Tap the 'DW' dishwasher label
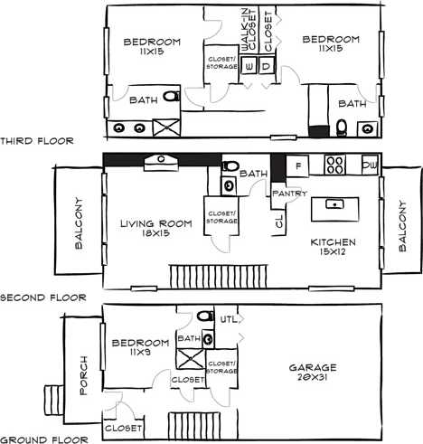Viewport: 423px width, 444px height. click(369, 166)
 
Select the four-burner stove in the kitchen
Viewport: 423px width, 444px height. click(334, 165)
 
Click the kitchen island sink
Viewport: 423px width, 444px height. click(334, 205)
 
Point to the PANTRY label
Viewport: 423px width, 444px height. click(288, 193)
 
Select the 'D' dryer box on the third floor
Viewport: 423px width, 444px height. click(266, 66)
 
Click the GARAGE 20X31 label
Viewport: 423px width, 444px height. click(313, 373)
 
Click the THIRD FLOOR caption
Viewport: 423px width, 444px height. click(35, 141)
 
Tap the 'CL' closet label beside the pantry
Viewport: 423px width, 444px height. click(277, 220)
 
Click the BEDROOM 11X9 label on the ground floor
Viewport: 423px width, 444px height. click(140, 348)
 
